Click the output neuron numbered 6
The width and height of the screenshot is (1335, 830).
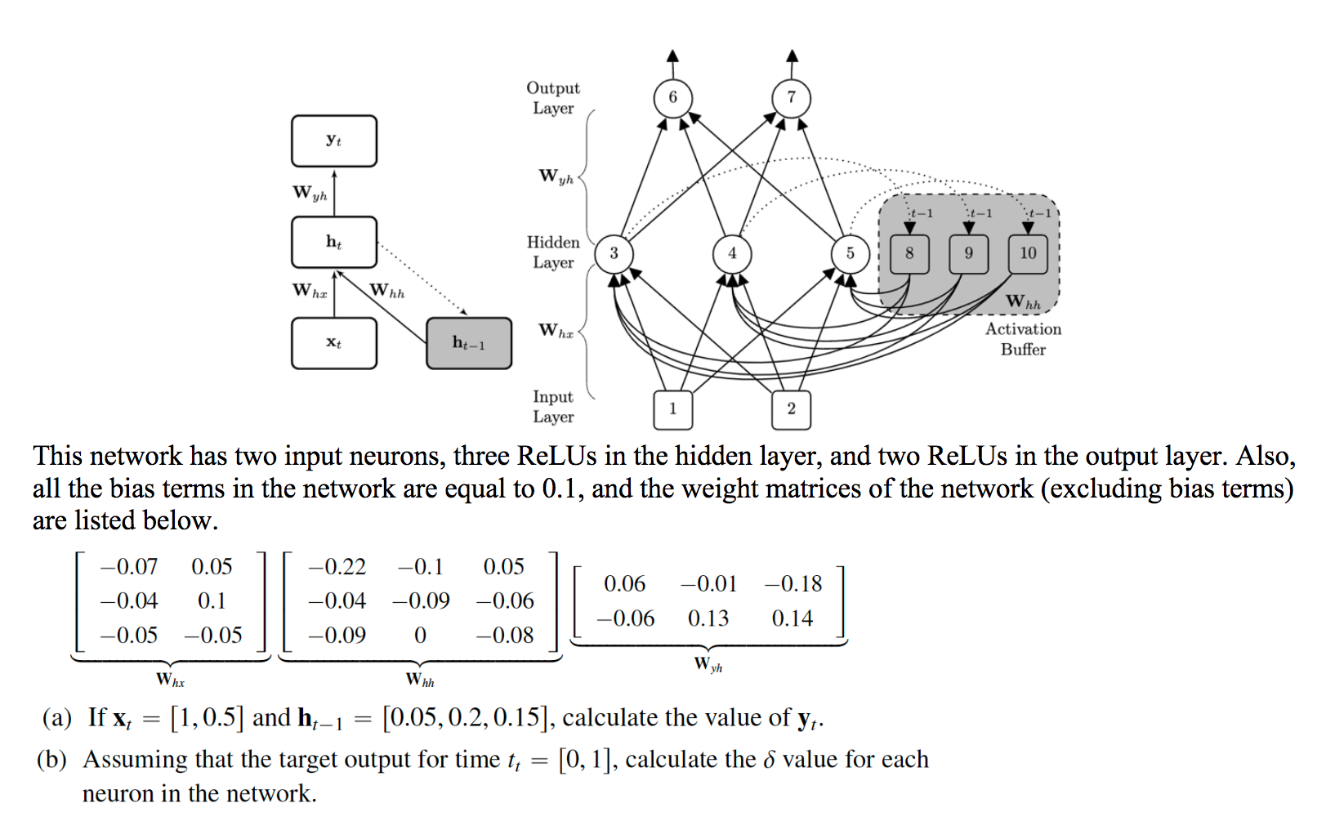click(672, 97)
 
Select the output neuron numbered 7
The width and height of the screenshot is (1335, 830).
click(791, 97)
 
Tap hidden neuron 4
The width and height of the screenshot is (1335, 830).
click(732, 253)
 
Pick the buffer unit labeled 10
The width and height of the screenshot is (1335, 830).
click(1028, 253)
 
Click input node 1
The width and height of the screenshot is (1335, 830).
click(672, 408)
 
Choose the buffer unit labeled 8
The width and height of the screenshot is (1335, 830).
click(909, 253)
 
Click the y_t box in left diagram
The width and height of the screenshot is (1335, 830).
click(334, 141)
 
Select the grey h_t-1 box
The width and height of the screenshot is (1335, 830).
click(469, 343)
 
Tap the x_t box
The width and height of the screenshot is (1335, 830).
click(334, 343)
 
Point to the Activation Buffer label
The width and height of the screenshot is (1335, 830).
click(1023, 339)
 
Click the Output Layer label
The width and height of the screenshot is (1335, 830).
click(553, 98)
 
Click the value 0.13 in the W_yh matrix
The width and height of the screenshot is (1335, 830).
click(708, 618)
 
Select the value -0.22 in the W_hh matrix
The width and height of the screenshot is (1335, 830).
click(337, 567)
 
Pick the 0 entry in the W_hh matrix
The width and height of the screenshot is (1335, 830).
click(420, 636)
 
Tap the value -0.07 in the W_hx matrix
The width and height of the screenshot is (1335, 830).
click(129, 567)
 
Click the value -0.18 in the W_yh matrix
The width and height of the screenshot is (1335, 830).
click(793, 584)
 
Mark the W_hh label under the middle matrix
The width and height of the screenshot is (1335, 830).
click(420, 680)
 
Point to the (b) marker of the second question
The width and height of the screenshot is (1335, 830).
click(51, 760)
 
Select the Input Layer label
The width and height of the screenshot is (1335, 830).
click(553, 407)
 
